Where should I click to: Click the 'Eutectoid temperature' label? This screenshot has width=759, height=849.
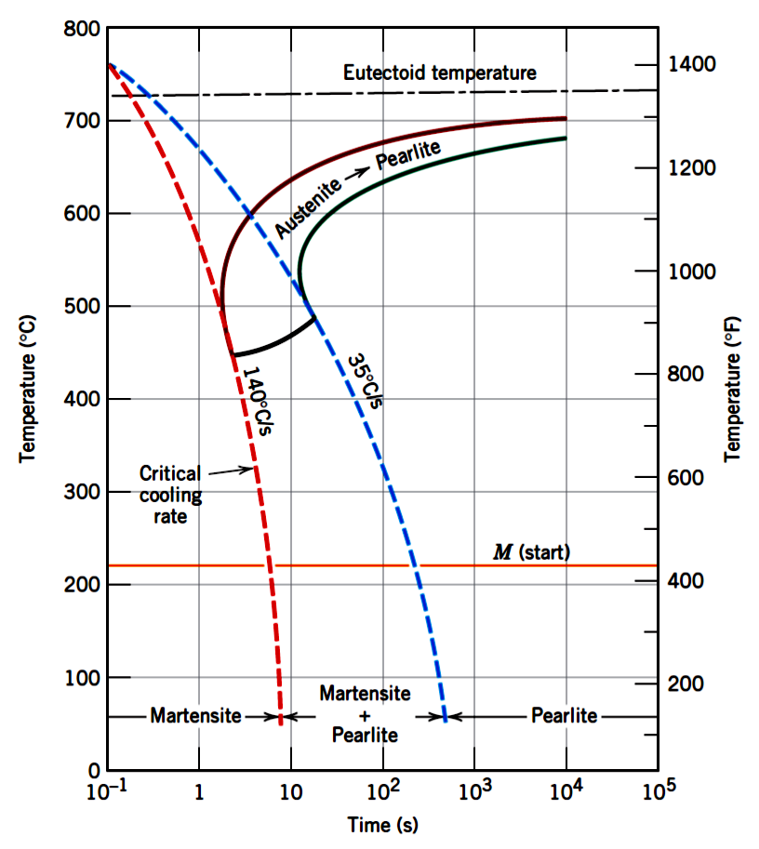(439, 73)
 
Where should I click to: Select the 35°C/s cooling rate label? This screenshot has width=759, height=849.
(365, 380)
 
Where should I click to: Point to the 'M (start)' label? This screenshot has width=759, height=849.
(531, 552)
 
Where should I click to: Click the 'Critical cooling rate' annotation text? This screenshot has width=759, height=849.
(170, 494)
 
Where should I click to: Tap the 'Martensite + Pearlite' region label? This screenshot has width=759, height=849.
(365, 714)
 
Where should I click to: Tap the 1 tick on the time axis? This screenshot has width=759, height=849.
(199, 795)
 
